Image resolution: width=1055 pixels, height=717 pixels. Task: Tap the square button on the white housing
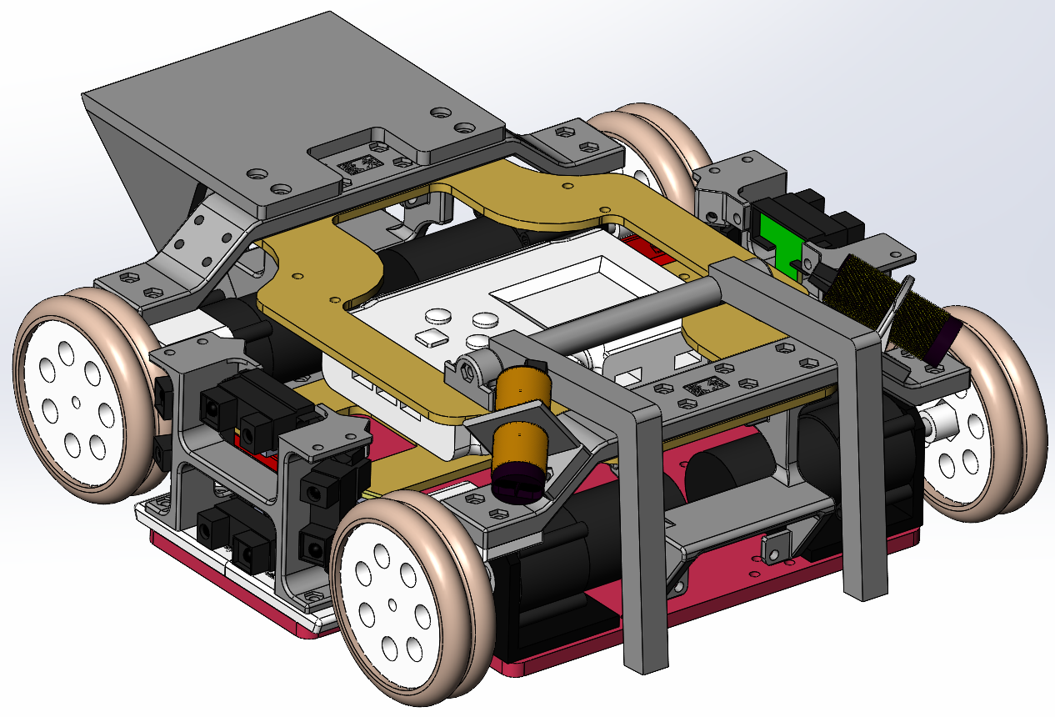click(x=431, y=337)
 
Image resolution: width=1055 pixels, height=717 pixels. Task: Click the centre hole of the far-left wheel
click(x=76, y=404)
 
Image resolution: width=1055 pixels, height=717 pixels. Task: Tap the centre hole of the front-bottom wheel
click(x=392, y=603)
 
